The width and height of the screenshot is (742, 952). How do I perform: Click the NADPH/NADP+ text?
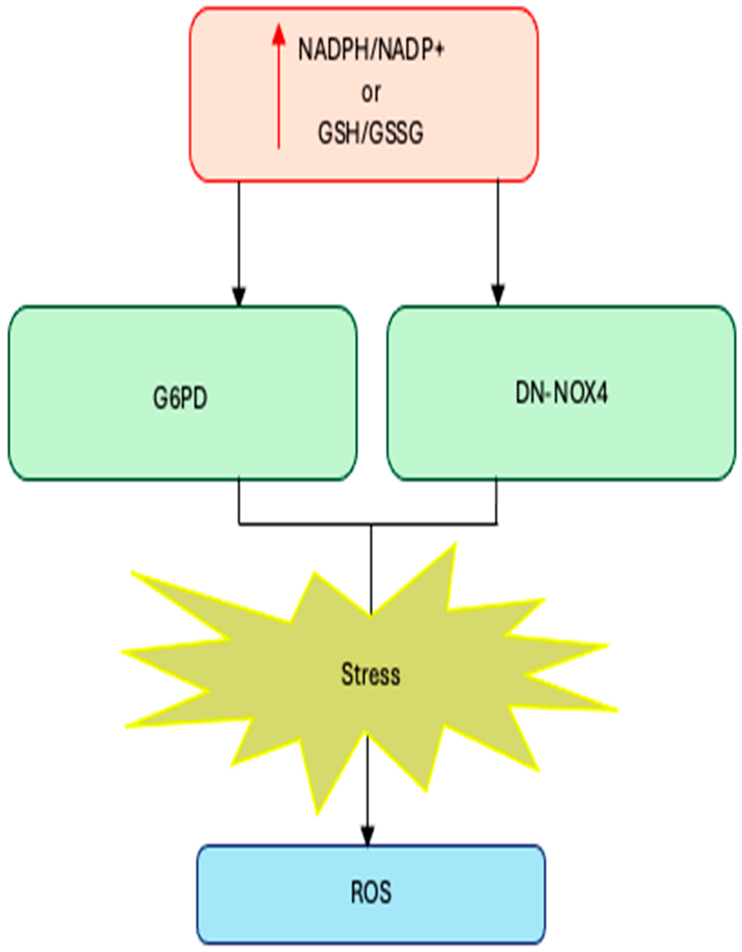click(x=371, y=49)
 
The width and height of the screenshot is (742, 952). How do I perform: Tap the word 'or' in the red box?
click(x=371, y=92)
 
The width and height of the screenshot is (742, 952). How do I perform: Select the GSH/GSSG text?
click(x=371, y=133)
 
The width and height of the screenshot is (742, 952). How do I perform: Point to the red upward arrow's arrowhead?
click(x=279, y=35)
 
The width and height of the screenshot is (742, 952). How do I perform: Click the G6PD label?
click(x=180, y=398)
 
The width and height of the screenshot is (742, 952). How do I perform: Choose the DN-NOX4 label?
click(x=561, y=394)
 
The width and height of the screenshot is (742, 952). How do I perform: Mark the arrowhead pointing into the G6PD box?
click(x=238, y=296)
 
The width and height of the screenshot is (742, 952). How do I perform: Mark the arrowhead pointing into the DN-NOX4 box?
click(x=498, y=296)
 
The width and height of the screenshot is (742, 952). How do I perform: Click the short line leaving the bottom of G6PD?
click(x=238, y=501)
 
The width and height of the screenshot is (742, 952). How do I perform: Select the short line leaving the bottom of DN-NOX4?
click(x=496, y=501)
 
